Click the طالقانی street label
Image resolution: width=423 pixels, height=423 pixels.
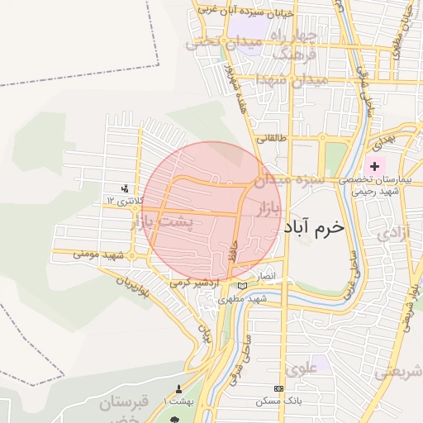pos(272,139)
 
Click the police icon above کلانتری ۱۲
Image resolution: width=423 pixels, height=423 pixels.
pos(125,188)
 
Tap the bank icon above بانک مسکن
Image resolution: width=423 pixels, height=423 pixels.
pos(278,388)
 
